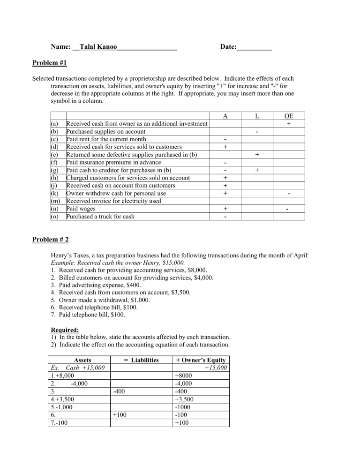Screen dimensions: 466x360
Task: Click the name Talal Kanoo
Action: pyautogui.click(x=98, y=47)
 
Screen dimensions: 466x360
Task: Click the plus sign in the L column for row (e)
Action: pyautogui.click(x=257, y=154)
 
